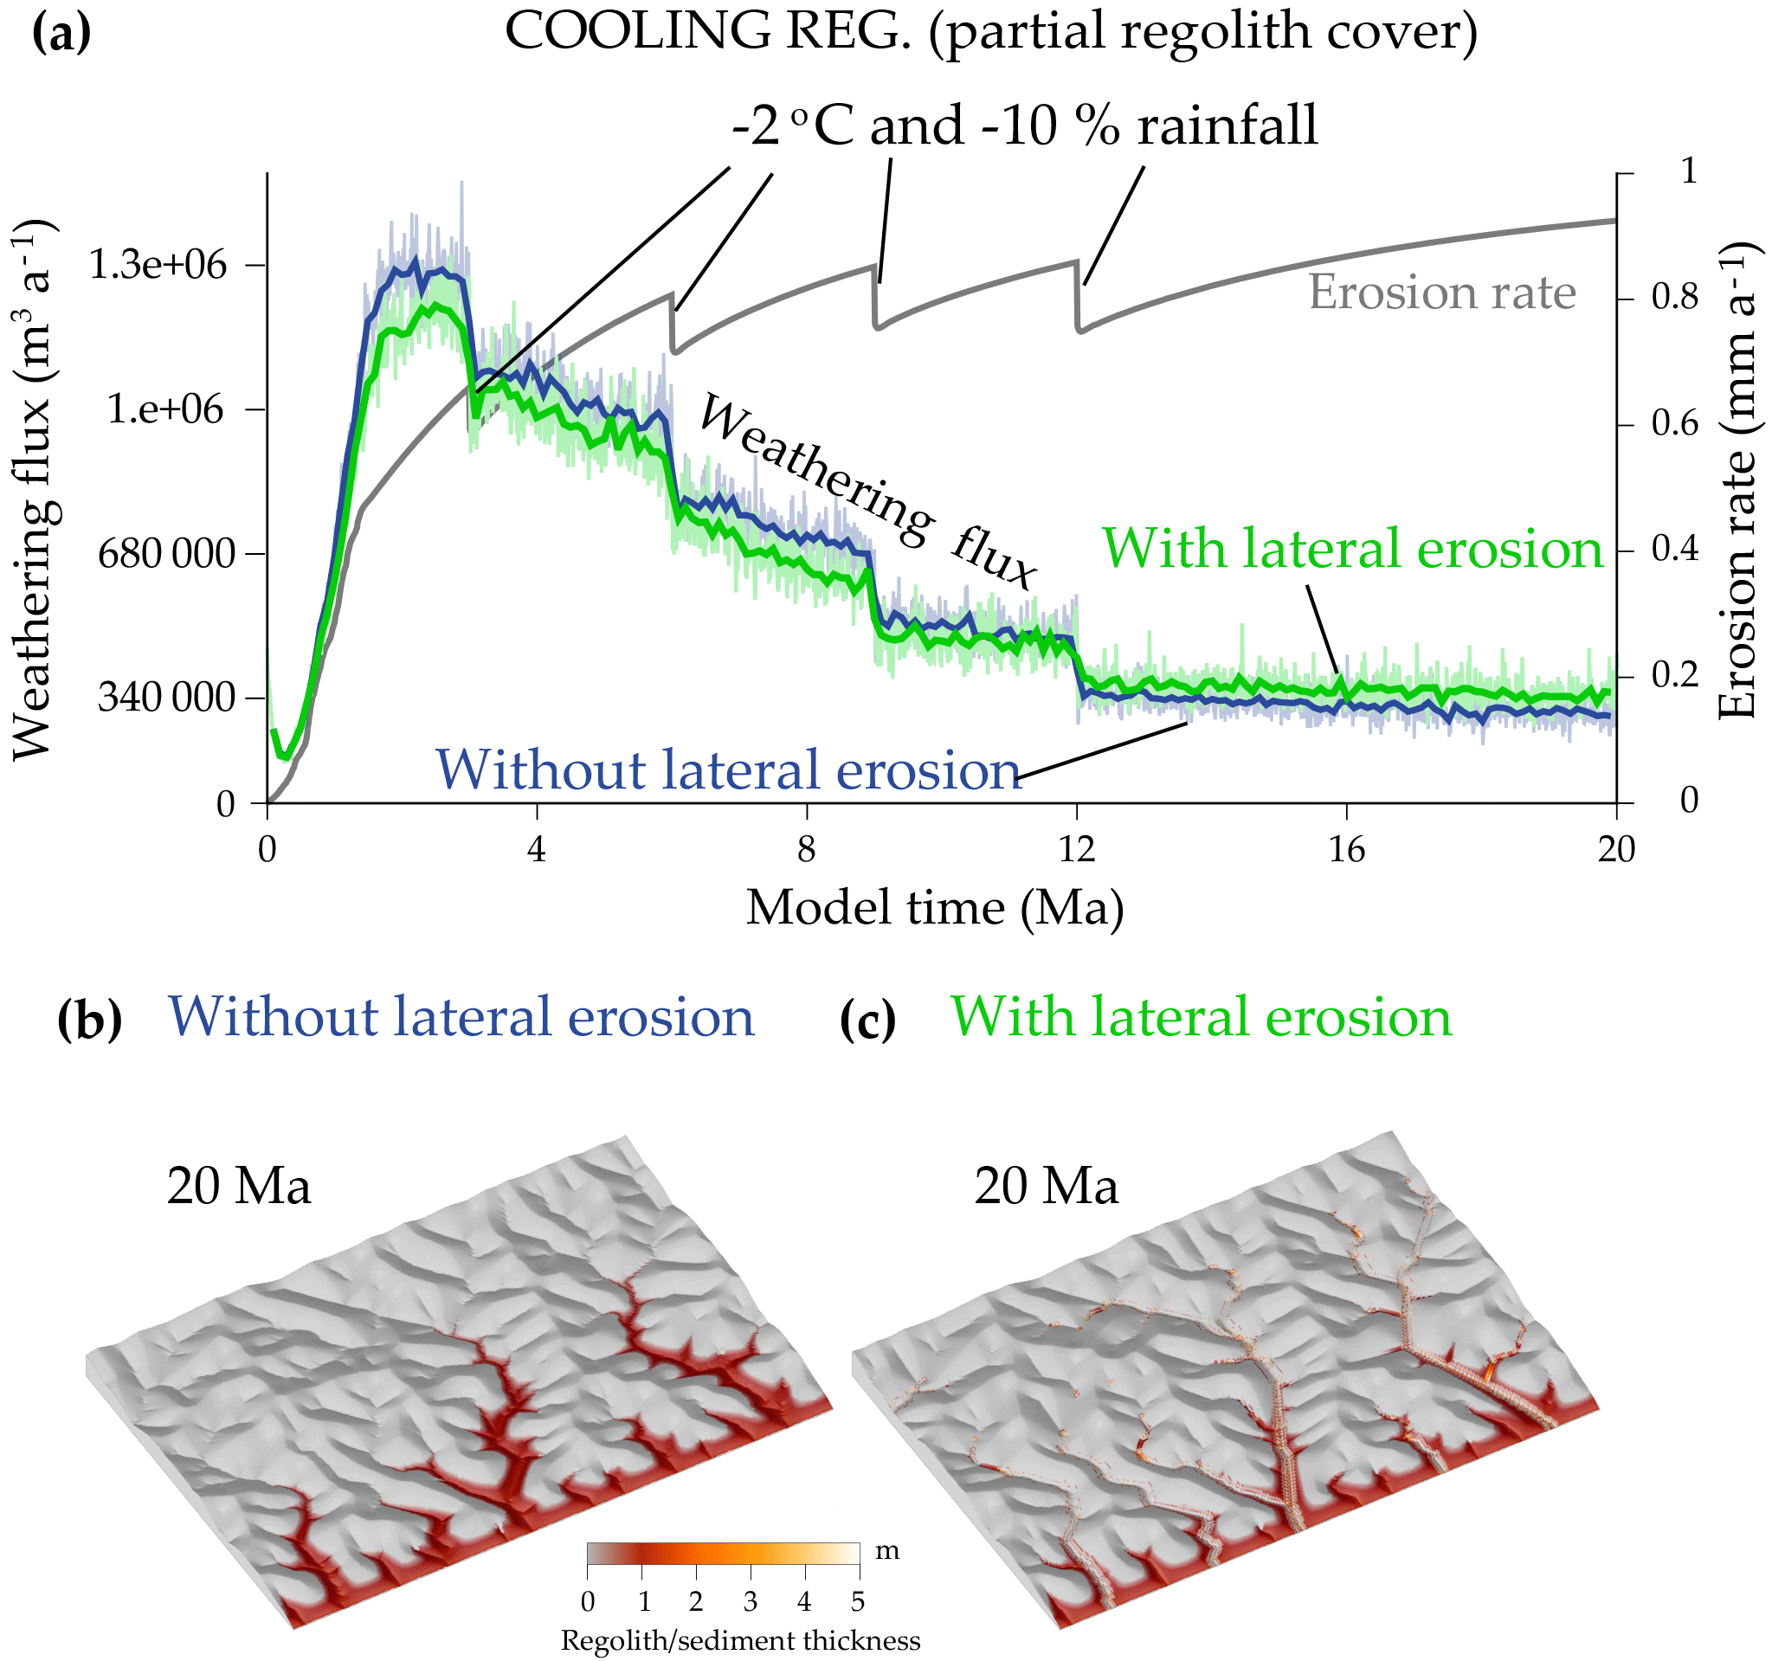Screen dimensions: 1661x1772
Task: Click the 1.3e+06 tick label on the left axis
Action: tap(158, 266)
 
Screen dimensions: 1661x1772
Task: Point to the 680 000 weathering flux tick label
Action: tap(167, 553)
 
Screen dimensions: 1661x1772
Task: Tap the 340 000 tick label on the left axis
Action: tap(167, 697)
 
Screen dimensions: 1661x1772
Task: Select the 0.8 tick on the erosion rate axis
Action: tap(1675, 297)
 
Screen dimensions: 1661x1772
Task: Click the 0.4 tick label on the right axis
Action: tap(1675, 549)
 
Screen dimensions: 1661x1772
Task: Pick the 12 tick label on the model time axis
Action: tap(1077, 850)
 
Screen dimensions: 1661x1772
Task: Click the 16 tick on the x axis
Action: tap(1347, 850)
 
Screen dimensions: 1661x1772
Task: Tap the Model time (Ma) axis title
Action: tap(934, 908)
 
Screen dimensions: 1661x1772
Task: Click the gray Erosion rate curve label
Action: tap(1441, 293)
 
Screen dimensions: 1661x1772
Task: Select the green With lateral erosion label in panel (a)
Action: tap(1352, 548)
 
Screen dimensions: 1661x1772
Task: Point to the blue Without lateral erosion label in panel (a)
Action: tap(727, 769)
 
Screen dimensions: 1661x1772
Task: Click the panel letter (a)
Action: tap(61, 33)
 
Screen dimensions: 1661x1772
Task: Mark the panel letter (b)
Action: tap(89, 1019)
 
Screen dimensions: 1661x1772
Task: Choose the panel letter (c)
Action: tap(867, 1019)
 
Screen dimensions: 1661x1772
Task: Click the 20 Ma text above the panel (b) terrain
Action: tap(239, 1186)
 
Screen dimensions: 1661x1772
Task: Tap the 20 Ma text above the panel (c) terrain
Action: tap(1046, 1186)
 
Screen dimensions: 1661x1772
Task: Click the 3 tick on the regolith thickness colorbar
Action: tap(751, 1602)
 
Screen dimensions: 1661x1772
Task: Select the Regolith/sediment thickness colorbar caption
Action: tap(740, 1640)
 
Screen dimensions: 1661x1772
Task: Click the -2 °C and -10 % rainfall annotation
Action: tap(1023, 126)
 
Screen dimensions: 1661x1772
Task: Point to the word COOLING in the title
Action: tap(636, 31)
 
